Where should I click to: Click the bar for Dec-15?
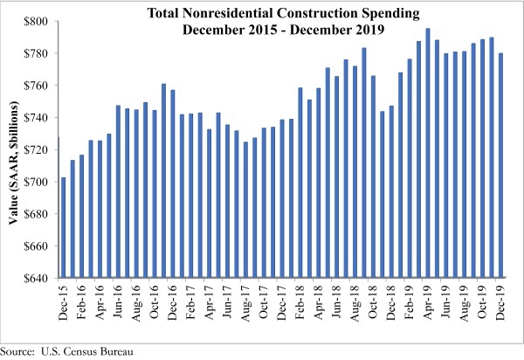click(x=63, y=228)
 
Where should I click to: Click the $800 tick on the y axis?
click(x=39, y=21)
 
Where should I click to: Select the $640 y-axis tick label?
click(x=39, y=279)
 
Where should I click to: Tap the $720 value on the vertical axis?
click(x=39, y=150)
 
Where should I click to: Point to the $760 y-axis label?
click(x=39, y=86)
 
